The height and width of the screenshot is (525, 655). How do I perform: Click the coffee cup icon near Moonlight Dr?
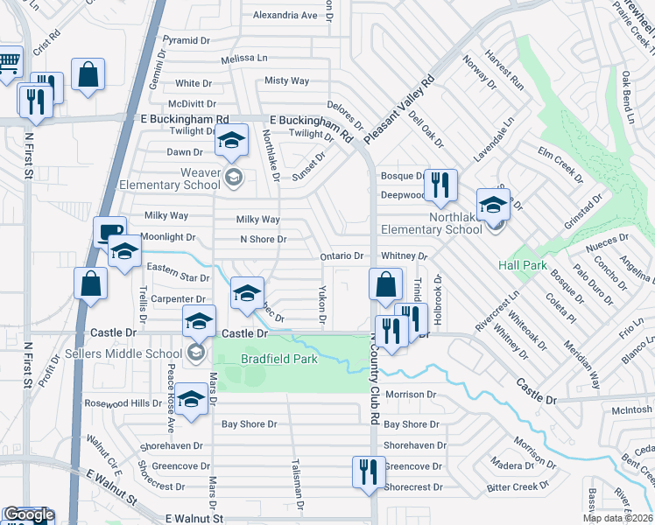(x=109, y=233)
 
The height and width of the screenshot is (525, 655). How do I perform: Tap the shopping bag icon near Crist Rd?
(x=88, y=74)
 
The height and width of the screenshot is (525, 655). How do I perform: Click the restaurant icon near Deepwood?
(x=440, y=185)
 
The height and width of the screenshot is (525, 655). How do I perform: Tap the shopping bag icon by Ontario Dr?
(x=385, y=284)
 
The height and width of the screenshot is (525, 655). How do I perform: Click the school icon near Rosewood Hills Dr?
(x=189, y=399)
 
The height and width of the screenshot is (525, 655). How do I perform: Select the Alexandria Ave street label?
(x=285, y=16)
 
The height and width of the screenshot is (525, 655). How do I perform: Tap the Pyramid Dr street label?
(x=187, y=40)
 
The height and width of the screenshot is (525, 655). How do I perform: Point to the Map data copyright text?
(x=617, y=518)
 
